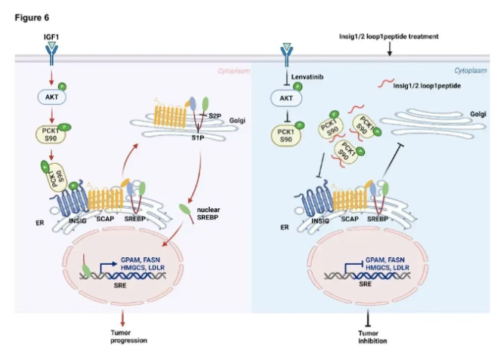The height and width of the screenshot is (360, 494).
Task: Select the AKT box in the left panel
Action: click(x=51, y=97)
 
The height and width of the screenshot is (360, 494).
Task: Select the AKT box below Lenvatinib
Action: click(x=286, y=98)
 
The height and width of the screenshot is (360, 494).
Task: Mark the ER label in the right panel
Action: click(x=284, y=226)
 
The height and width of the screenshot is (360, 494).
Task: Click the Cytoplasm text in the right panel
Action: click(x=469, y=70)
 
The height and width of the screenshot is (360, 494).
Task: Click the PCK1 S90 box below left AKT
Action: click(x=51, y=134)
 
